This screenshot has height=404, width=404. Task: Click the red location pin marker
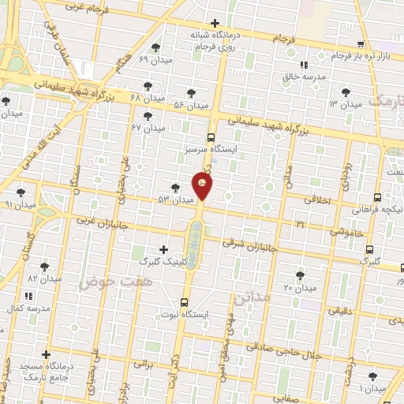[203, 186]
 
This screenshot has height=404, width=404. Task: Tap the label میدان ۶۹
[155, 60]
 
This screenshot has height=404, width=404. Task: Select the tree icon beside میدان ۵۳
[175, 188]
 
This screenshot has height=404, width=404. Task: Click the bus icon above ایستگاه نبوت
[185, 301]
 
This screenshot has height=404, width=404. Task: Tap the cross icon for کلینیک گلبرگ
[163, 249]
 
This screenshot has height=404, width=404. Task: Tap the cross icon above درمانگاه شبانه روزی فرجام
[215, 23]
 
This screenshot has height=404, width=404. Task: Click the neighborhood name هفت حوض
[114, 281]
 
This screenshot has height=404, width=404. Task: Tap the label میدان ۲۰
[299, 287]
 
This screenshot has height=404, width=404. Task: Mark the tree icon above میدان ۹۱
[21, 192]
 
